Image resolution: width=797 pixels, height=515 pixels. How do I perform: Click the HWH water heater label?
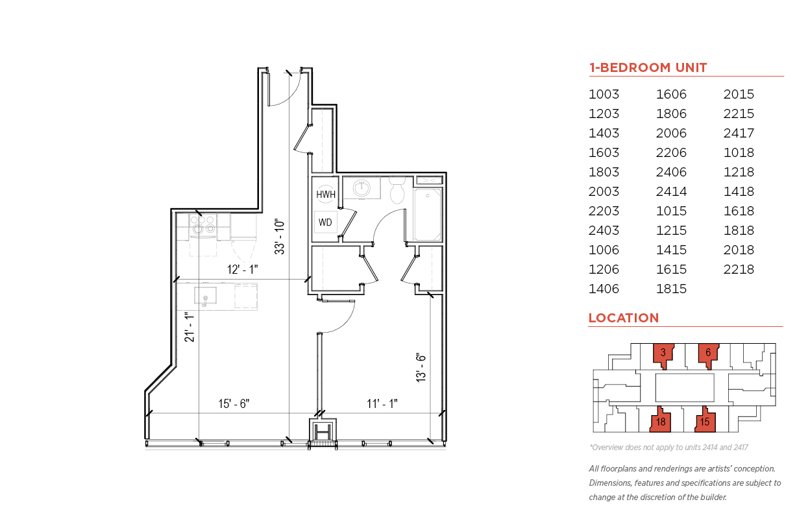coord(326,195)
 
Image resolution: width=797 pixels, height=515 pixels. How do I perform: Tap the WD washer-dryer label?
coord(325,222)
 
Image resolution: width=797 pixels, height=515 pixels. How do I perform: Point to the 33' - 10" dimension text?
coord(280,237)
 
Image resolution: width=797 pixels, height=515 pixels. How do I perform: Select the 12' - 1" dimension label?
coord(242,270)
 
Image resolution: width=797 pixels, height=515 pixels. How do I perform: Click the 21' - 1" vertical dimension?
coord(190,327)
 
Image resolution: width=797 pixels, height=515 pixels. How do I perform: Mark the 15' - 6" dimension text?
coord(234,403)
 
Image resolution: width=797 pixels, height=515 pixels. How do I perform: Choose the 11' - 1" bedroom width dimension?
coord(382,403)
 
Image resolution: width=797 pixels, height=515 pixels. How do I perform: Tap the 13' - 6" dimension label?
coord(421,368)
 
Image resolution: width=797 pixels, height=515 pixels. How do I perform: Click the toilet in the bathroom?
coord(397,190)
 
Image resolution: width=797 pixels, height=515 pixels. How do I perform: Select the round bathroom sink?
coord(362,188)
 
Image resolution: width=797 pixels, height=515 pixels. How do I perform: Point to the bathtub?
coord(428,215)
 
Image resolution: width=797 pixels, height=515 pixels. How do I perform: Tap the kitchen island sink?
coord(205,296)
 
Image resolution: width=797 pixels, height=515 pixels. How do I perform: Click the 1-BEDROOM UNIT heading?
coord(648,67)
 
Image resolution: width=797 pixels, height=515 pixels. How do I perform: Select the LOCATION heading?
coord(624,318)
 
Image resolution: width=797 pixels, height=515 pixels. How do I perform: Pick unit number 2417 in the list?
coord(739,133)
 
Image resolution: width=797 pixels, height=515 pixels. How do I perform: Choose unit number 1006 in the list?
coord(604,250)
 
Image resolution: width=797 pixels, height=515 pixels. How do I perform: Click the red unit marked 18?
coord(660,420)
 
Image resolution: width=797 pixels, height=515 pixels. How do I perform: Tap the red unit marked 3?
coord(663,354)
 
